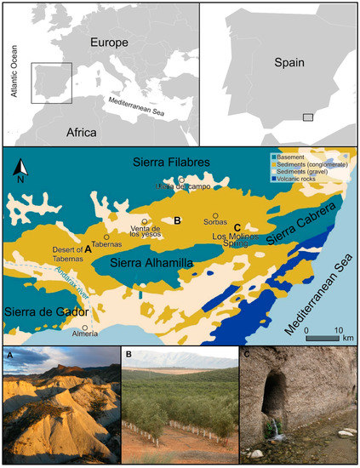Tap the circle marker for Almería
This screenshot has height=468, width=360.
(85, 328)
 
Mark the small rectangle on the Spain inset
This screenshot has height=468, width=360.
(308, 117)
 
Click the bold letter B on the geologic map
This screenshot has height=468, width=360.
(177, 220)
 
